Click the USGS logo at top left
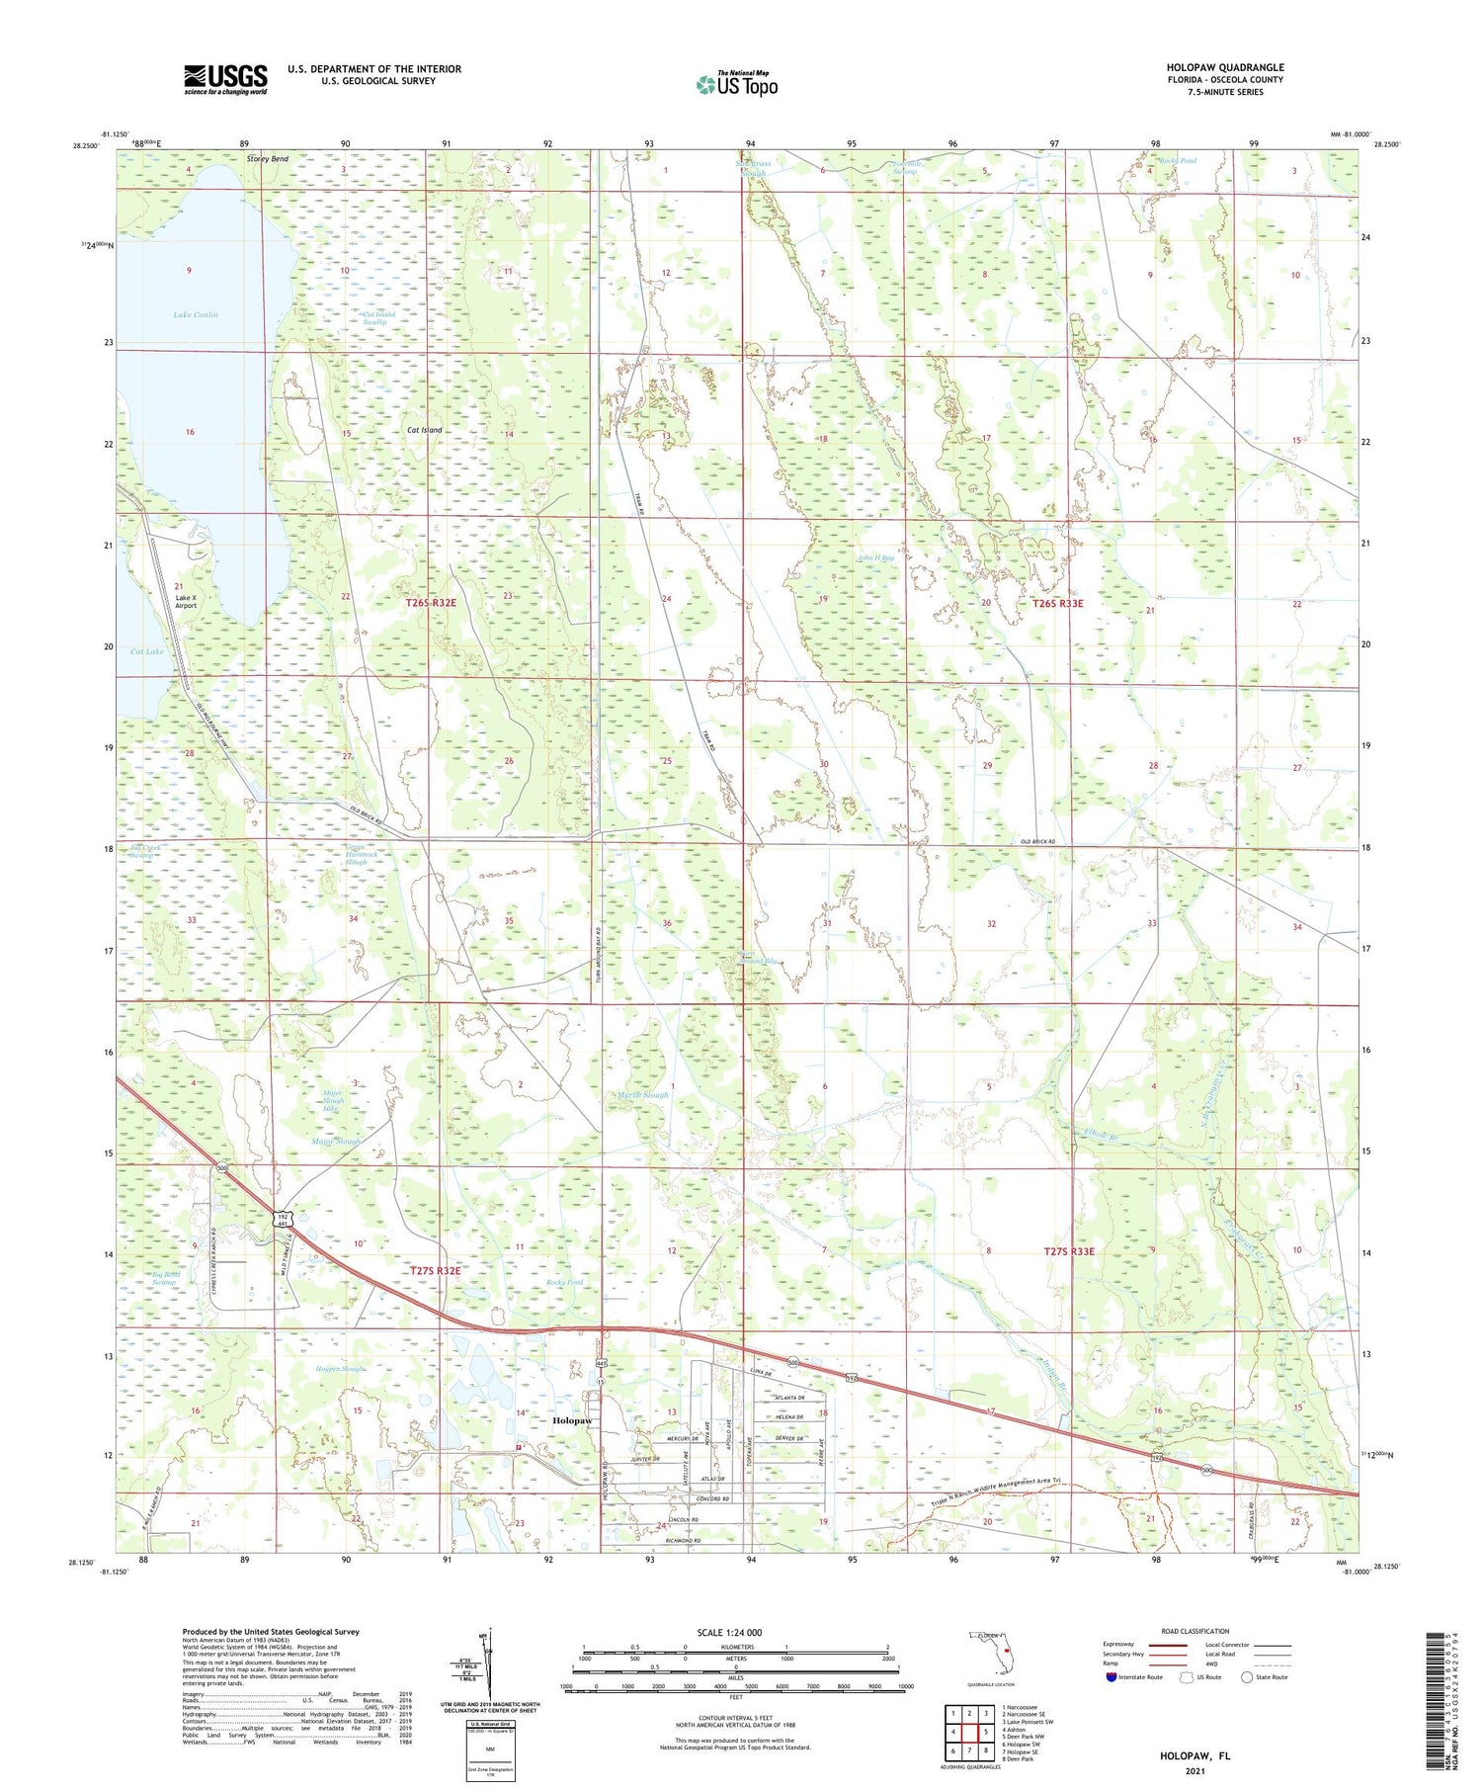pos(225,79)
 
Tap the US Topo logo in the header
pos(737,84)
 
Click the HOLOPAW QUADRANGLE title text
pos(1224,67)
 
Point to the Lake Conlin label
pos(196,314)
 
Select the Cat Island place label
pos(425,430)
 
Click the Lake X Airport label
pos(185,601)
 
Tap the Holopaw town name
pos(572,1420)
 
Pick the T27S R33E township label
pos(1069,1251)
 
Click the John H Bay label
pos(874,558)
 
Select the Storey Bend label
pos(267,159)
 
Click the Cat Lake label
pos(147,651)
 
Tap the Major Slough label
pos(337,1142)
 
